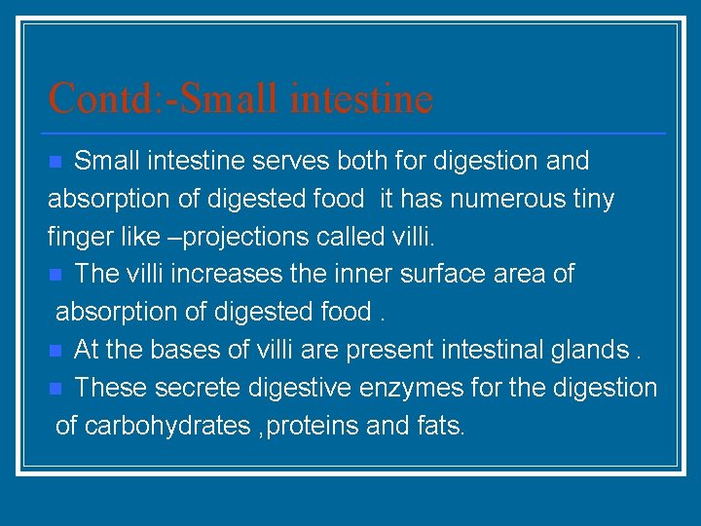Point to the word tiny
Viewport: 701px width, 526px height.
(x=594, y=199)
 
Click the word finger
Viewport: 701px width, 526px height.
(x=76, y=237)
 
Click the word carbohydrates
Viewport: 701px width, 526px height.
(x=166, y=426)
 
